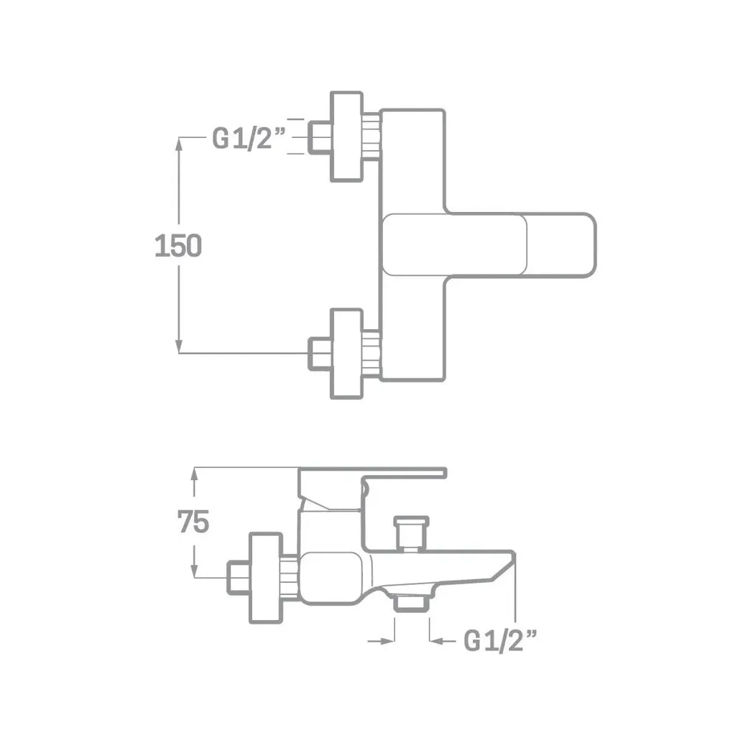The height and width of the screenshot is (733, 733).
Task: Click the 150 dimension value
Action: point(178,246)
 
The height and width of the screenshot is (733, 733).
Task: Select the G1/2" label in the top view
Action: point(249,138)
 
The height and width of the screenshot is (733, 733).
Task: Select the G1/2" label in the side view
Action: point(499,640)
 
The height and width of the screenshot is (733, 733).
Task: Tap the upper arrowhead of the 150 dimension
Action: point(178,144)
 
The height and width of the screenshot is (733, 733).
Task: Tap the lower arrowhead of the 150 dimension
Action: point(178,346)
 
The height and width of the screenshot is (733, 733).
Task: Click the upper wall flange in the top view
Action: point(346,137)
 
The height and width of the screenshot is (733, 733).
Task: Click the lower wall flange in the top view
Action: point(346,354)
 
